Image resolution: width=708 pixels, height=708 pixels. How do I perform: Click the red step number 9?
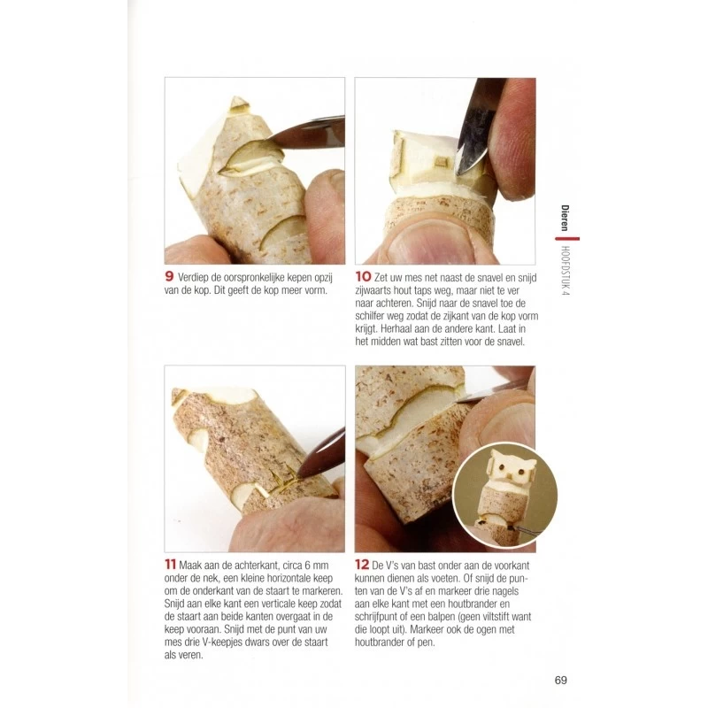[x=169, y=276]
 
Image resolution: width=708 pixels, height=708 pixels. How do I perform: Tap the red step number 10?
[x=363, y=276]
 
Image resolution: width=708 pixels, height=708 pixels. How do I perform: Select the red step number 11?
[x=170, y=564]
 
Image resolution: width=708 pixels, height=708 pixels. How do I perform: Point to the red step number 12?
[x=362, y=564]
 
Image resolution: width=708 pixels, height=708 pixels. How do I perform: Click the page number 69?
[x=560, y=680]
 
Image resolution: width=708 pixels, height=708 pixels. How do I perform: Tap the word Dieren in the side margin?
[x=565, y=218]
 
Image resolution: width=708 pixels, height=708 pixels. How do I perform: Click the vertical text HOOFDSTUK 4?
[x=566, y=271]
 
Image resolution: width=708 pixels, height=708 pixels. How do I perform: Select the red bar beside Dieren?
[x=567, y=238]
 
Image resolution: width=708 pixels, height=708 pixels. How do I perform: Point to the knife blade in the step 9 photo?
[x=307, y=135]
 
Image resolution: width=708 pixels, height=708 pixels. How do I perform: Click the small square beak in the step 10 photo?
[x=440, y=160]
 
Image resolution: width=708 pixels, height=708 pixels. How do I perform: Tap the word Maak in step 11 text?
[x=190, y=566]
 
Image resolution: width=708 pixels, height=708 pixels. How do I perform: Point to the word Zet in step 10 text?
[x=382, y=277]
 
